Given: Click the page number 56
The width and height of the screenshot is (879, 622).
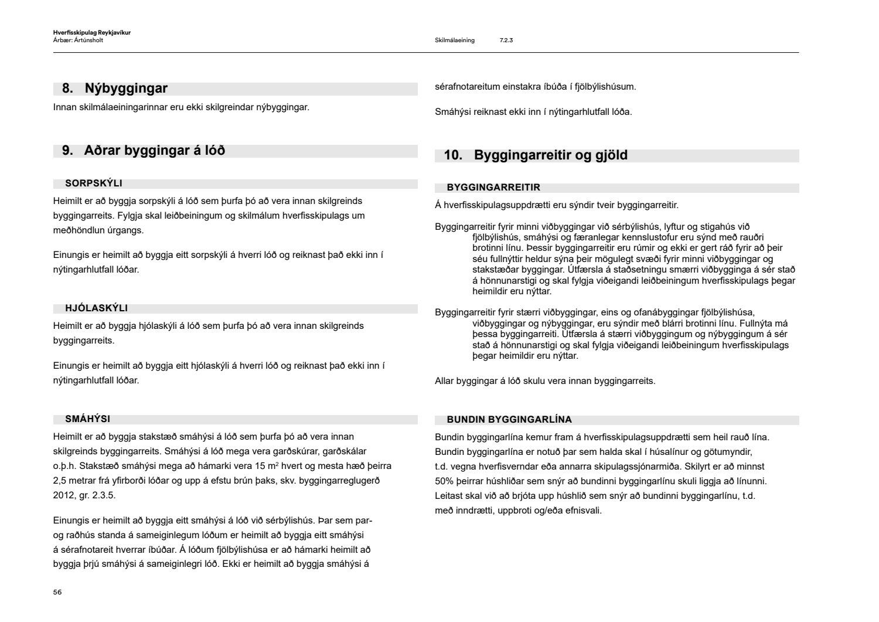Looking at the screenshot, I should [57, 592].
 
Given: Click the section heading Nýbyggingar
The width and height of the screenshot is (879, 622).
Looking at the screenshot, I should [126, 89].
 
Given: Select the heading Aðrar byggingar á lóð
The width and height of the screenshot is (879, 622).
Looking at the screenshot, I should [154, 151].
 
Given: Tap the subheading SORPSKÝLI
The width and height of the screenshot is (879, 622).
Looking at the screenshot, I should [94, 183].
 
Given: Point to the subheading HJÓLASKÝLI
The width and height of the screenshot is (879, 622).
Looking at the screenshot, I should [97, 308].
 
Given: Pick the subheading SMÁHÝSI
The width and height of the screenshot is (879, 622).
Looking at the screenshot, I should [88, 419].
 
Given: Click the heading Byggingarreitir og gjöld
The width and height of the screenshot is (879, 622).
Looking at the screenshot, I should [550, 155].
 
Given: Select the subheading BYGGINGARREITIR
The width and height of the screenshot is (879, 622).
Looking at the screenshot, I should [493, 188].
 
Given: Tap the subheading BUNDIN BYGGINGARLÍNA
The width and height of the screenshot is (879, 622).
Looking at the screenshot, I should [509, 420].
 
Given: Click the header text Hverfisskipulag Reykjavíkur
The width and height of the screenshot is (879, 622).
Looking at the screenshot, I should [91, 33].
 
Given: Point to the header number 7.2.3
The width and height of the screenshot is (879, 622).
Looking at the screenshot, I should [506, 40].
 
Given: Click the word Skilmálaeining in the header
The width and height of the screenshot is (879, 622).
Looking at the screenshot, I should [455, 40].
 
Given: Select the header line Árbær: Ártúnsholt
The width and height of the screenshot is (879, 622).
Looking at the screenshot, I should [78, 40].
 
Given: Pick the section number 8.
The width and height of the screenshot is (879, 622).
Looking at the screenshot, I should [67, 89].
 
